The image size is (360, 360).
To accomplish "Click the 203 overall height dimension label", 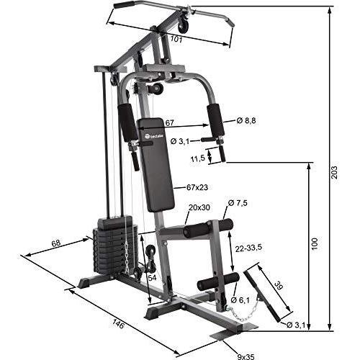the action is coord(334,172).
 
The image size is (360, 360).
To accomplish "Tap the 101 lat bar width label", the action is coord(176,39).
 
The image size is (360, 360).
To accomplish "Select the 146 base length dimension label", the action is coord(118,325).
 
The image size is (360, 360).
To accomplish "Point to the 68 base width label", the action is coord(56,243).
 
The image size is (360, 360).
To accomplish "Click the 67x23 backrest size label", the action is coord(197,187).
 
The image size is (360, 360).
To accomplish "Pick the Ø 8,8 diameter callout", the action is coord(246,121).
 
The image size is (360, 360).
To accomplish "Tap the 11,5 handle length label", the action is coord(197,158).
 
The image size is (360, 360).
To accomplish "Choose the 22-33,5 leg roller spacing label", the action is coord(248,248).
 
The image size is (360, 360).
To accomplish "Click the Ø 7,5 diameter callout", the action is coord(238,203).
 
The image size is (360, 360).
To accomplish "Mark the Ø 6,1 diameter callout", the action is coord(240,300).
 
